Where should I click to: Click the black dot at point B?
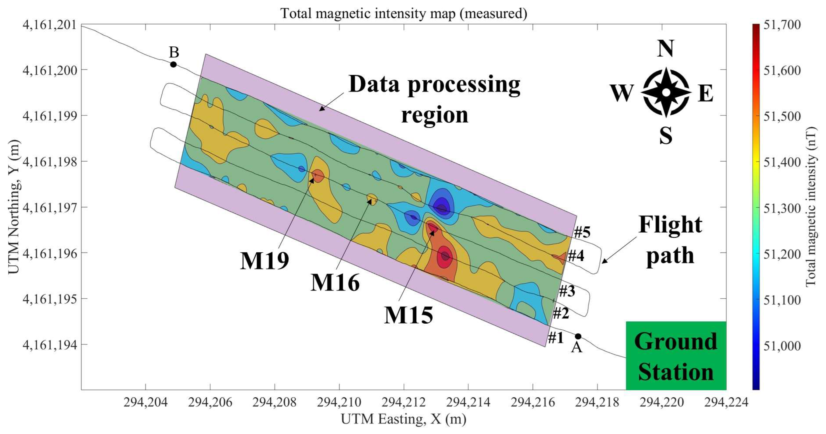[x=173, y=64]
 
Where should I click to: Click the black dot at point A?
[x=578, y=336]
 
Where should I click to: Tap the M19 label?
[x=265, y=261]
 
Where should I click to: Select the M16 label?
[x=335, y=283]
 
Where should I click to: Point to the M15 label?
[x=408, y=315]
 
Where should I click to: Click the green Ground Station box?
[x=676, y=356]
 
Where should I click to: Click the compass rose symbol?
[x=666, y=92]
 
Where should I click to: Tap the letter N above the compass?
[x=665, y=49]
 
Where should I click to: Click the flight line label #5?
[x=582, y=232]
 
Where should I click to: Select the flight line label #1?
[x=556, y=338]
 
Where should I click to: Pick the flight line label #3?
[x=567, y=291]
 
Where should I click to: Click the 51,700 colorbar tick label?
[x=782, y=25]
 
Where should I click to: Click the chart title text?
[x=404, y=13]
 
